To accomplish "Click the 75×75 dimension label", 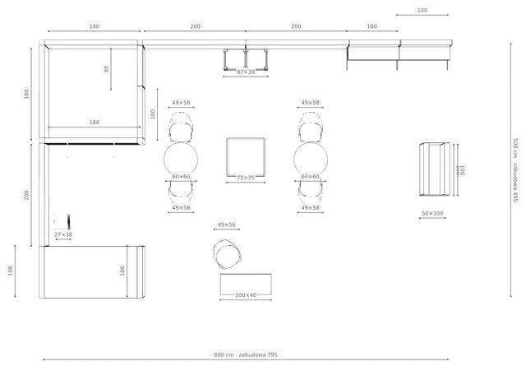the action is coord(246,178).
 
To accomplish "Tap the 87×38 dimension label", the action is coord(246,72).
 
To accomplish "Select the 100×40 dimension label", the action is coord(246,295).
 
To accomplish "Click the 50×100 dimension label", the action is coord(432,213).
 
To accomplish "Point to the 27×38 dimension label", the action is coord(63,234).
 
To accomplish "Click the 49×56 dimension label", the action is coord(227,225).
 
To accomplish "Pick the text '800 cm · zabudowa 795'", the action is coord(246,354).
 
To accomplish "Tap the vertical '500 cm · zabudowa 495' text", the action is coord(515,169).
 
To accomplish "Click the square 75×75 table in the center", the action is coord(246,156).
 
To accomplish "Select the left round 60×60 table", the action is coord(181,160).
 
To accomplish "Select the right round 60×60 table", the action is coord(311,160).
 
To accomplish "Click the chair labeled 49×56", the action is coord(227,254).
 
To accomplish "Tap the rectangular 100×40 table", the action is coord(246,284).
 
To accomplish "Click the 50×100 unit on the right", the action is coord(435,169).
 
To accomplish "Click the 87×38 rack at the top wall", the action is coord(246,59).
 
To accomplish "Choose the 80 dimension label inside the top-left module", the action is coord(106,69).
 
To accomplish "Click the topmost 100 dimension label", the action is coord(422,10).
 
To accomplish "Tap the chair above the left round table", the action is coord(181,127).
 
